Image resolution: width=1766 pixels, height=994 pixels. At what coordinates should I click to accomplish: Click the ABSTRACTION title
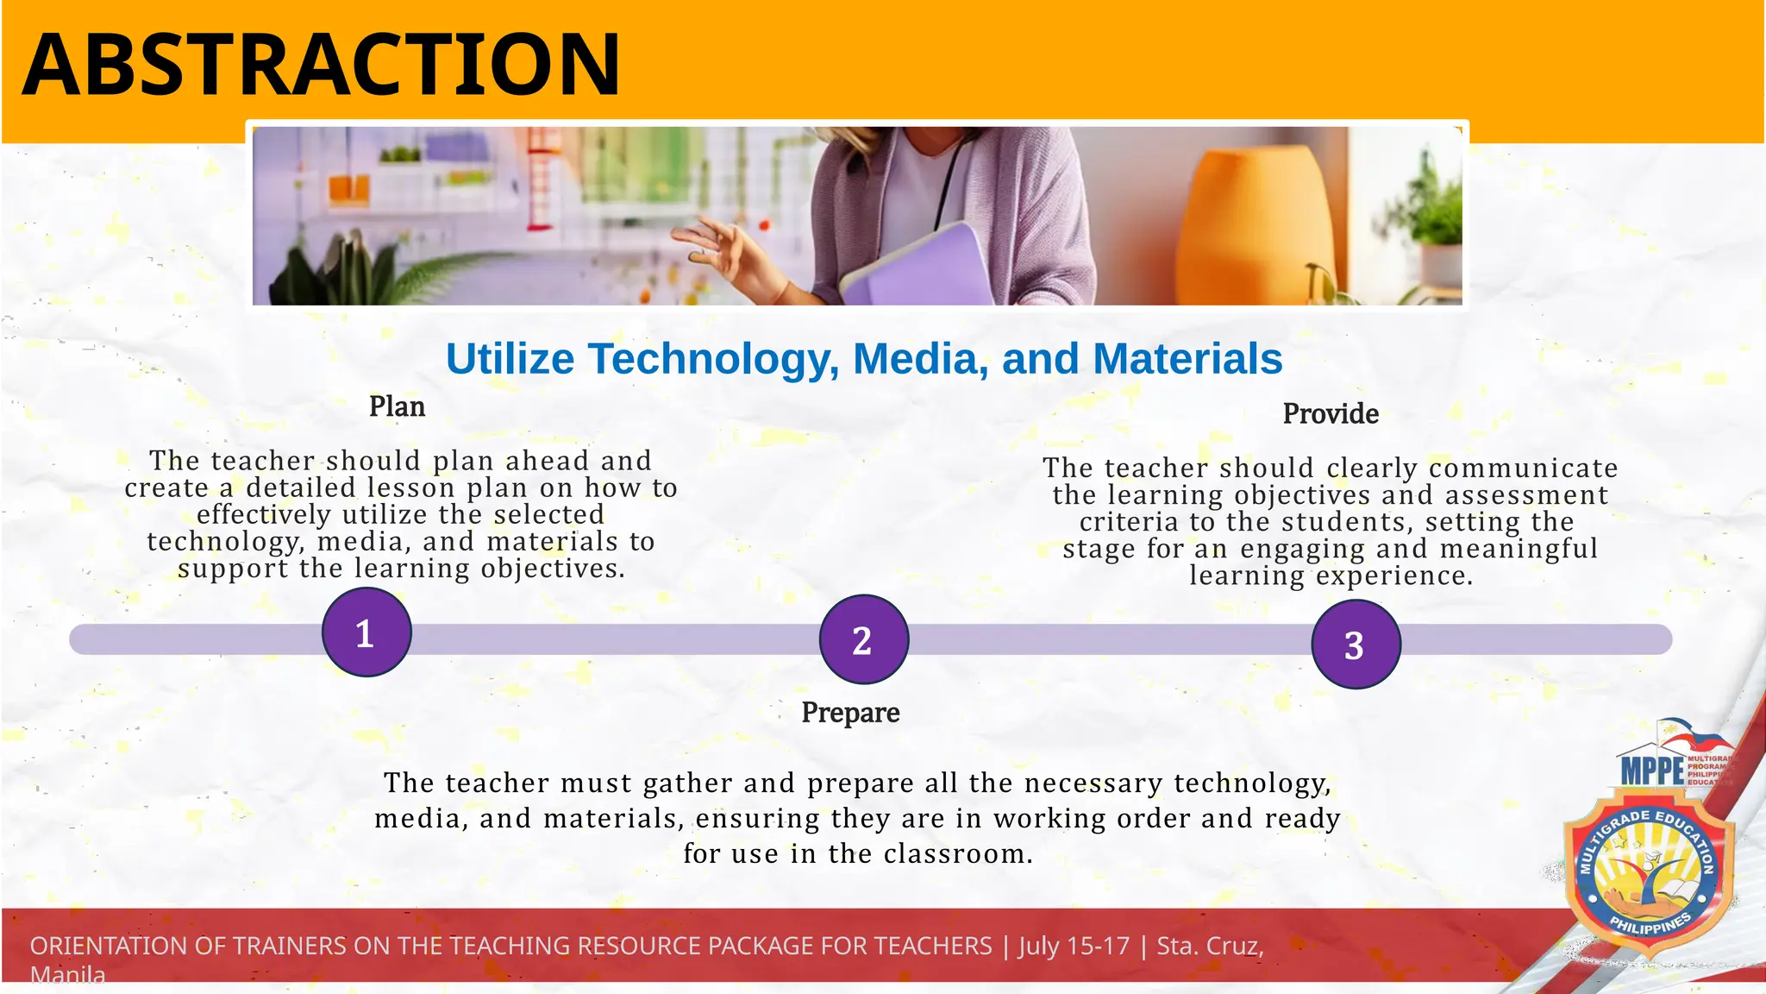[321, 65]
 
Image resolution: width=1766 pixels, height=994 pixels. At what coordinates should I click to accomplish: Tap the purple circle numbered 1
[366, 632]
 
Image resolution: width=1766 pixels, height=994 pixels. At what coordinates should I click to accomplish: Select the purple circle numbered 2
[863, 639]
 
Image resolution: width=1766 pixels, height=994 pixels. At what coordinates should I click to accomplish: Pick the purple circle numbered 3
[1356, 645]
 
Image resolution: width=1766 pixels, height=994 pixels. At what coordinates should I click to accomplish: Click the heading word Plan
[397, 406]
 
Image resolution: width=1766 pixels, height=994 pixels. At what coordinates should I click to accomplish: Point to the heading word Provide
[1331, 414]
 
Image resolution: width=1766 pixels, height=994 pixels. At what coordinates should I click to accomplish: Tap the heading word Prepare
[850, 713]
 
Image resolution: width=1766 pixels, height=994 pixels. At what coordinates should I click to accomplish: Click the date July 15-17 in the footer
[1074, 946]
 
